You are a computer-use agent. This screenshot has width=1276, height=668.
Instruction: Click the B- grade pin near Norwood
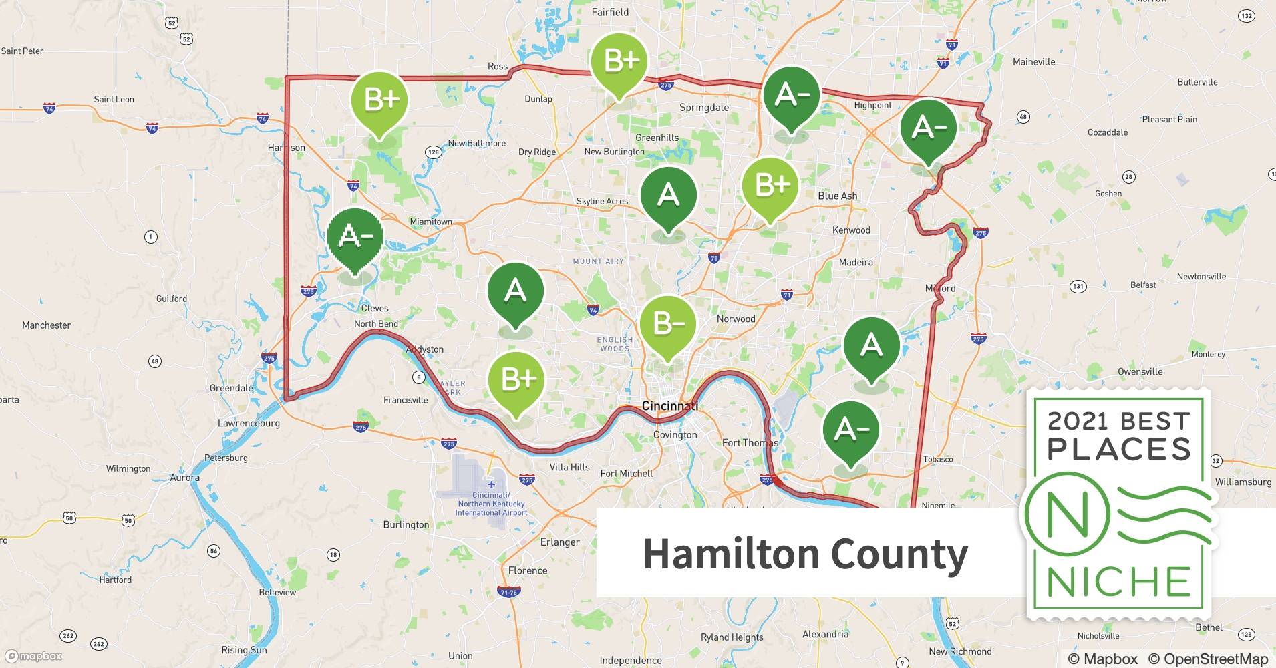[667, 324]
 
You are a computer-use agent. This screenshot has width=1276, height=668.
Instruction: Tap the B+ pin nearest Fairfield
[619, 61]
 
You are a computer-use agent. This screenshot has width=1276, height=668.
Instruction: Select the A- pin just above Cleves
[355, 236]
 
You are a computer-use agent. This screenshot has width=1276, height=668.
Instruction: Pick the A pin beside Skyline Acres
[668, 195]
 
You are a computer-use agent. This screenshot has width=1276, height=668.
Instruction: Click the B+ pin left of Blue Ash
[770, 185]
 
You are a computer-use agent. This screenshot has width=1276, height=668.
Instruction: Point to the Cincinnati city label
[669, 406]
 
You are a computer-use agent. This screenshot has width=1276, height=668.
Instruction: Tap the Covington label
[675, 435]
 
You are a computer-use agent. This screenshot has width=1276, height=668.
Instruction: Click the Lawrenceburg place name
[249, 423]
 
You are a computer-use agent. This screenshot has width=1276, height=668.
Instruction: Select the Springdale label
[703, 108]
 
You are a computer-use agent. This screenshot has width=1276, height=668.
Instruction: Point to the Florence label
[527, 570]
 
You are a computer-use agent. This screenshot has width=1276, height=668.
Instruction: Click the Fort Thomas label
[750, 442]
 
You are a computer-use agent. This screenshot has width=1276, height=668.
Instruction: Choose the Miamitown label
[431, 222]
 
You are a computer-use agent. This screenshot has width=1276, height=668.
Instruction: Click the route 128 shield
[434, 152]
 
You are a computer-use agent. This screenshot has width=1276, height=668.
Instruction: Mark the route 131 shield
[1078, 287]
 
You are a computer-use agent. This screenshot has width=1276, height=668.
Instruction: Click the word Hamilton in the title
[730, 554]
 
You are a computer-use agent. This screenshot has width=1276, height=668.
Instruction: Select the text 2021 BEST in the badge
[1119, 421]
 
